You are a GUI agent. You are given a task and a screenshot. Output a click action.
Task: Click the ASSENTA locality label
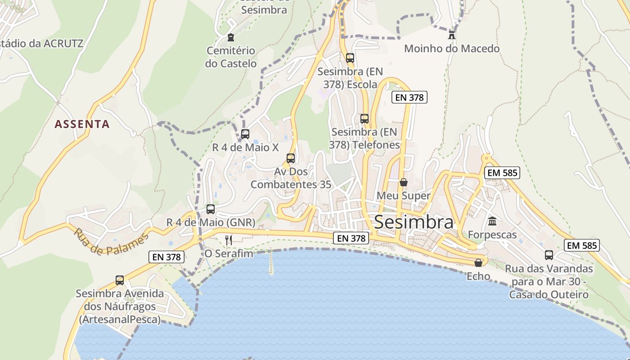tap(82, 124)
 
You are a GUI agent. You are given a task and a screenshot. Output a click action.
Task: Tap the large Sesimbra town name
tap(414, 222)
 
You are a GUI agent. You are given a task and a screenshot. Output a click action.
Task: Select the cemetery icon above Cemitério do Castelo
tap(231, 37)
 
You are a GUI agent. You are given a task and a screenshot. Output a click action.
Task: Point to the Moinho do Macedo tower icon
tap(451, 35)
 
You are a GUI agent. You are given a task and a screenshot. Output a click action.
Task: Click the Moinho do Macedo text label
tap(451, 49)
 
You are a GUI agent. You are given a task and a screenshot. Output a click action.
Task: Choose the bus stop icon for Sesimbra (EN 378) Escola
tap(350, 58)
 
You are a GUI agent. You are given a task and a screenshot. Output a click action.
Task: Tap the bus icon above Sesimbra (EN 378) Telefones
tap(364, 119)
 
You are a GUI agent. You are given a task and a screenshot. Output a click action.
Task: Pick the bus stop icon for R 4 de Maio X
tap(245, 134)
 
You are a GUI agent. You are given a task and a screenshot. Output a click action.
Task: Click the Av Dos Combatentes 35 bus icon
tap(291, 158)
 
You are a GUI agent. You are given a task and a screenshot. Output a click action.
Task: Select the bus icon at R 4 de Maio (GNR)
tap(211, 209)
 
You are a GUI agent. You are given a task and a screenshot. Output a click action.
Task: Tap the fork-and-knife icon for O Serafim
tap(229, 240)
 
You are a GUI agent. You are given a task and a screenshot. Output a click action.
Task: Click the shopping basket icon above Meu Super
tap(404, 182)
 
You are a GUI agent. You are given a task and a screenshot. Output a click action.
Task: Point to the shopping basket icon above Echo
tap(478, 263)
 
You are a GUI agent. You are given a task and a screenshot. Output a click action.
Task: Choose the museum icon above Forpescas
tap(492, 221)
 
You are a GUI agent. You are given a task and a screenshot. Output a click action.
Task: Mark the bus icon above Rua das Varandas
tap(549, 255)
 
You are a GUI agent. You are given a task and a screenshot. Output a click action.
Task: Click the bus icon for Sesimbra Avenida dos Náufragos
tap(120, 280)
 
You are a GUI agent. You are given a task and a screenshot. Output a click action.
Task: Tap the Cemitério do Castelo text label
tap(231, 57)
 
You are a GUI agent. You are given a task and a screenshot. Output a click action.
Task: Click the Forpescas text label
tap(492, 235)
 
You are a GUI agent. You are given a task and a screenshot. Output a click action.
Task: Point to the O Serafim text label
tap(229, 254)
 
